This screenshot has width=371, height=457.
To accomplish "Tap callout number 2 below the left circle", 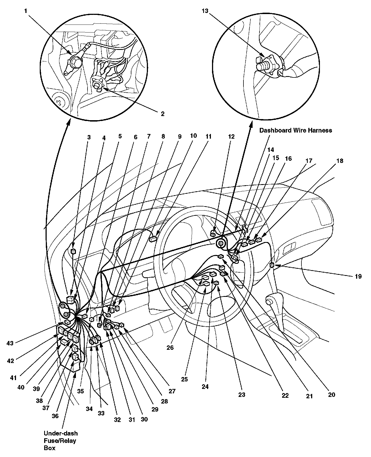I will pos(162,114).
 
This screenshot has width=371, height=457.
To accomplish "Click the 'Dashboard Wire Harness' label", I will pos(295,130).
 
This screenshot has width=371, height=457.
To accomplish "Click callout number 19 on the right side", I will pos(358,276).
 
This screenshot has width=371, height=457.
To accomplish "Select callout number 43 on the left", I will pos(10,343).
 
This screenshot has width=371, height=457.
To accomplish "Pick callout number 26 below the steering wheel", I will pos(170,348).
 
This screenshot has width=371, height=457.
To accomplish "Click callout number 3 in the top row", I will pos(89,137).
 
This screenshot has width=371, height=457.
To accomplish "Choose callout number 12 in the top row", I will pos(231,136).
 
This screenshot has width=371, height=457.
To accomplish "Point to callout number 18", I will pos(340,161).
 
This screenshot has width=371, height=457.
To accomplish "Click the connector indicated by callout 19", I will pos(272,265).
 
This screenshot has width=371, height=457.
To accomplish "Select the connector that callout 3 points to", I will pos(73,251).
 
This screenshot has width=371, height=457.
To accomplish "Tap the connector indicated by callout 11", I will pos(153,239).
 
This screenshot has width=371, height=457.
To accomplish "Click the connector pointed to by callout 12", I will pos(213,235).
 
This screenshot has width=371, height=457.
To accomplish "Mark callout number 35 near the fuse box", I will pos(80,391).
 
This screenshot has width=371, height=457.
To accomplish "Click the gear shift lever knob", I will pos(268,301).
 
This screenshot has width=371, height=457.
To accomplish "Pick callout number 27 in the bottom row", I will pos(172,391).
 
